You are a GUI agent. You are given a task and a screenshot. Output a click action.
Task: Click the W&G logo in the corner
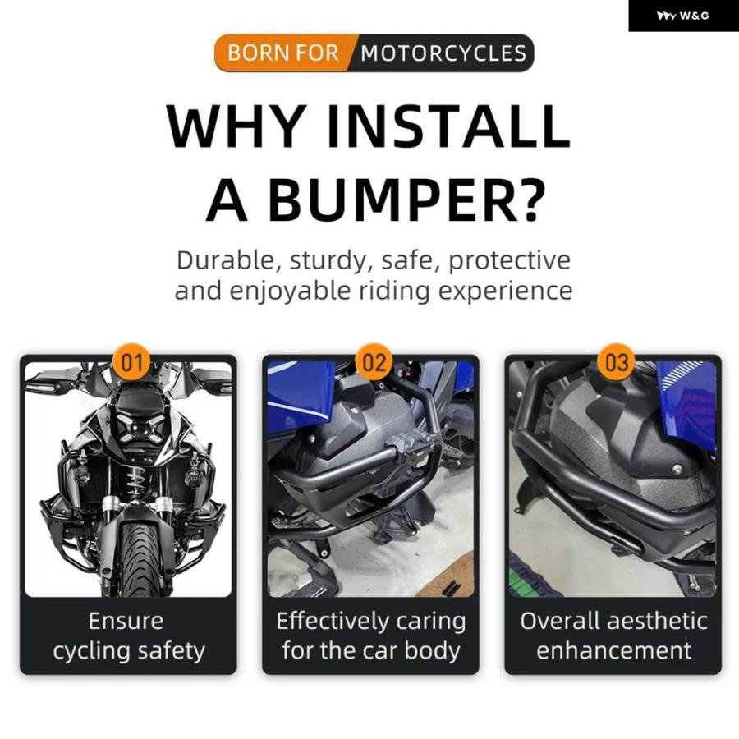coord(682,16)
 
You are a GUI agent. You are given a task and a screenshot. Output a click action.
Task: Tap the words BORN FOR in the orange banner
coord(283,53)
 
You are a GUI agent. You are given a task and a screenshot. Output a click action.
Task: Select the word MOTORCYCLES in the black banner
coord(443,53)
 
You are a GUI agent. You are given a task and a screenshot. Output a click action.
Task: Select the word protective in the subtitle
coord(509,260)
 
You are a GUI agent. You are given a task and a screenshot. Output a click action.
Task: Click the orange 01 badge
coord(132,363)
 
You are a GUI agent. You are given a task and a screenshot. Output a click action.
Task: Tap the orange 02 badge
coord(374,363)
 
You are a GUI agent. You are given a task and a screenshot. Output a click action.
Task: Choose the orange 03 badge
coord(617,363)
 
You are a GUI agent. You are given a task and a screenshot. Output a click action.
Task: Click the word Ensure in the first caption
coord(126,622)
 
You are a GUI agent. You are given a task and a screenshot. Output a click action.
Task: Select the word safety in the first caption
coord(172,652)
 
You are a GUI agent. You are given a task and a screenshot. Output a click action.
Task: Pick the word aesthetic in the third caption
coord(658,622)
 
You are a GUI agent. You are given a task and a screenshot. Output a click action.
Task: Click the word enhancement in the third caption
coord(613,651)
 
